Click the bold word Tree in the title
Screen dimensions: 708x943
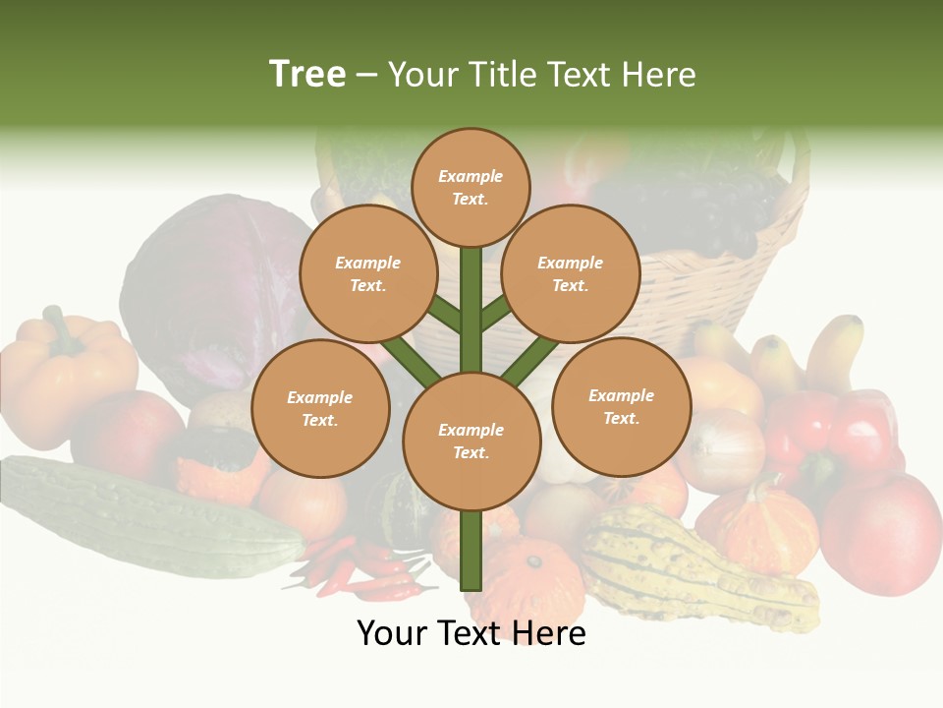coord(307,75)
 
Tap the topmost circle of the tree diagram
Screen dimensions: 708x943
coord(471,187)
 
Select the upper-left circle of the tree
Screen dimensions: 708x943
coord(367,273)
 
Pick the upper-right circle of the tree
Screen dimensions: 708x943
coord(571,273)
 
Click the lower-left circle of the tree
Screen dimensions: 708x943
coord(320,408)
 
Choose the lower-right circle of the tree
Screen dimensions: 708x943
coord(621,406)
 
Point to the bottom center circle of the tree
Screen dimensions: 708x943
coord(471,442)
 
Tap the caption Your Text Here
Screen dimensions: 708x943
coord(471,633)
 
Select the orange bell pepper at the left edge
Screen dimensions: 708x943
coord(64,359)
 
